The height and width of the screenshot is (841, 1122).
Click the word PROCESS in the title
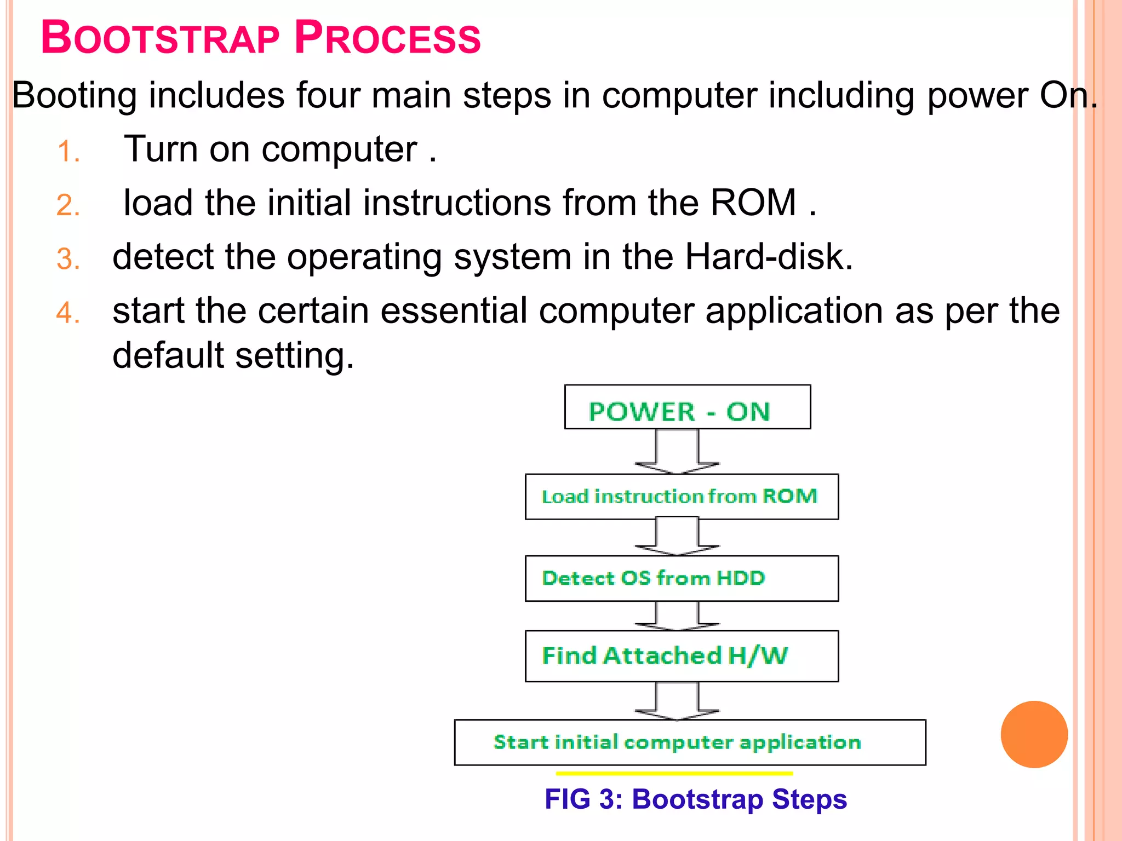(x=387, y=38)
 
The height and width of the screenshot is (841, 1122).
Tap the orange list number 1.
(x=68, y=152)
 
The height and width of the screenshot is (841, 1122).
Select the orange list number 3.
(x=68, y=260)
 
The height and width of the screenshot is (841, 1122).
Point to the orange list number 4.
(x=68, y=314)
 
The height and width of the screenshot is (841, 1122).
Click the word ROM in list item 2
(x=753, y=203)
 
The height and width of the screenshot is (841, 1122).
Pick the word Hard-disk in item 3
(x=768, y=257)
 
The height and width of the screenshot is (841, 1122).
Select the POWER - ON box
(x=687, y=407)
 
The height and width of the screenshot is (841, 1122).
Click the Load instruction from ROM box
(x=681, y=497)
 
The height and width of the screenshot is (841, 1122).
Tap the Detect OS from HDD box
(x=681, y=579)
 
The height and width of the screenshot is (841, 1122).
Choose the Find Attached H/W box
(x=681, y=656)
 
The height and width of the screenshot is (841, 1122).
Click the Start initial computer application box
(x=689, y=742)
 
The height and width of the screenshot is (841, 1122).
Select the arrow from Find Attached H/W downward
(x=677, y=701)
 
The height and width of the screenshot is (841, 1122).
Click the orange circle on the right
(x=1034, y=734)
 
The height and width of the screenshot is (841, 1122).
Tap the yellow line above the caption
(x=674, y=774)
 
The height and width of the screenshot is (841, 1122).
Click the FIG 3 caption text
(x=695, y=799)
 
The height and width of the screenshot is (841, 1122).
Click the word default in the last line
(x=168, y=355)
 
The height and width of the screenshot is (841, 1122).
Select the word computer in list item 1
(x=339, y=149)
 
